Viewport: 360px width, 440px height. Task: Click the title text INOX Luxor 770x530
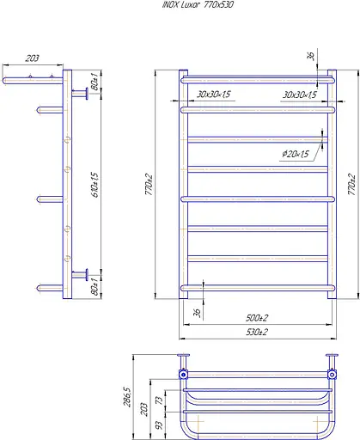point(198,4)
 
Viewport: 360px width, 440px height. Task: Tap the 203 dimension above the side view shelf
point(32,58)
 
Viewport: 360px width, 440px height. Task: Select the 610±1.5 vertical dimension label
point(95,185)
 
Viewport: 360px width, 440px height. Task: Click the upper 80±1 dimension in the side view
point(95,82)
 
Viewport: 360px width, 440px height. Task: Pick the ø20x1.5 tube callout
point(296,154)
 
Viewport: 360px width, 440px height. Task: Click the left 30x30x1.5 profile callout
point(214,94)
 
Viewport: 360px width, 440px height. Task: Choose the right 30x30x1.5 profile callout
point(300,95)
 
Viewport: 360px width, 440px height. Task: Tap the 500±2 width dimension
point(257,318)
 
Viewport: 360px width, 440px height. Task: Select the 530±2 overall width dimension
point(257,332)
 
